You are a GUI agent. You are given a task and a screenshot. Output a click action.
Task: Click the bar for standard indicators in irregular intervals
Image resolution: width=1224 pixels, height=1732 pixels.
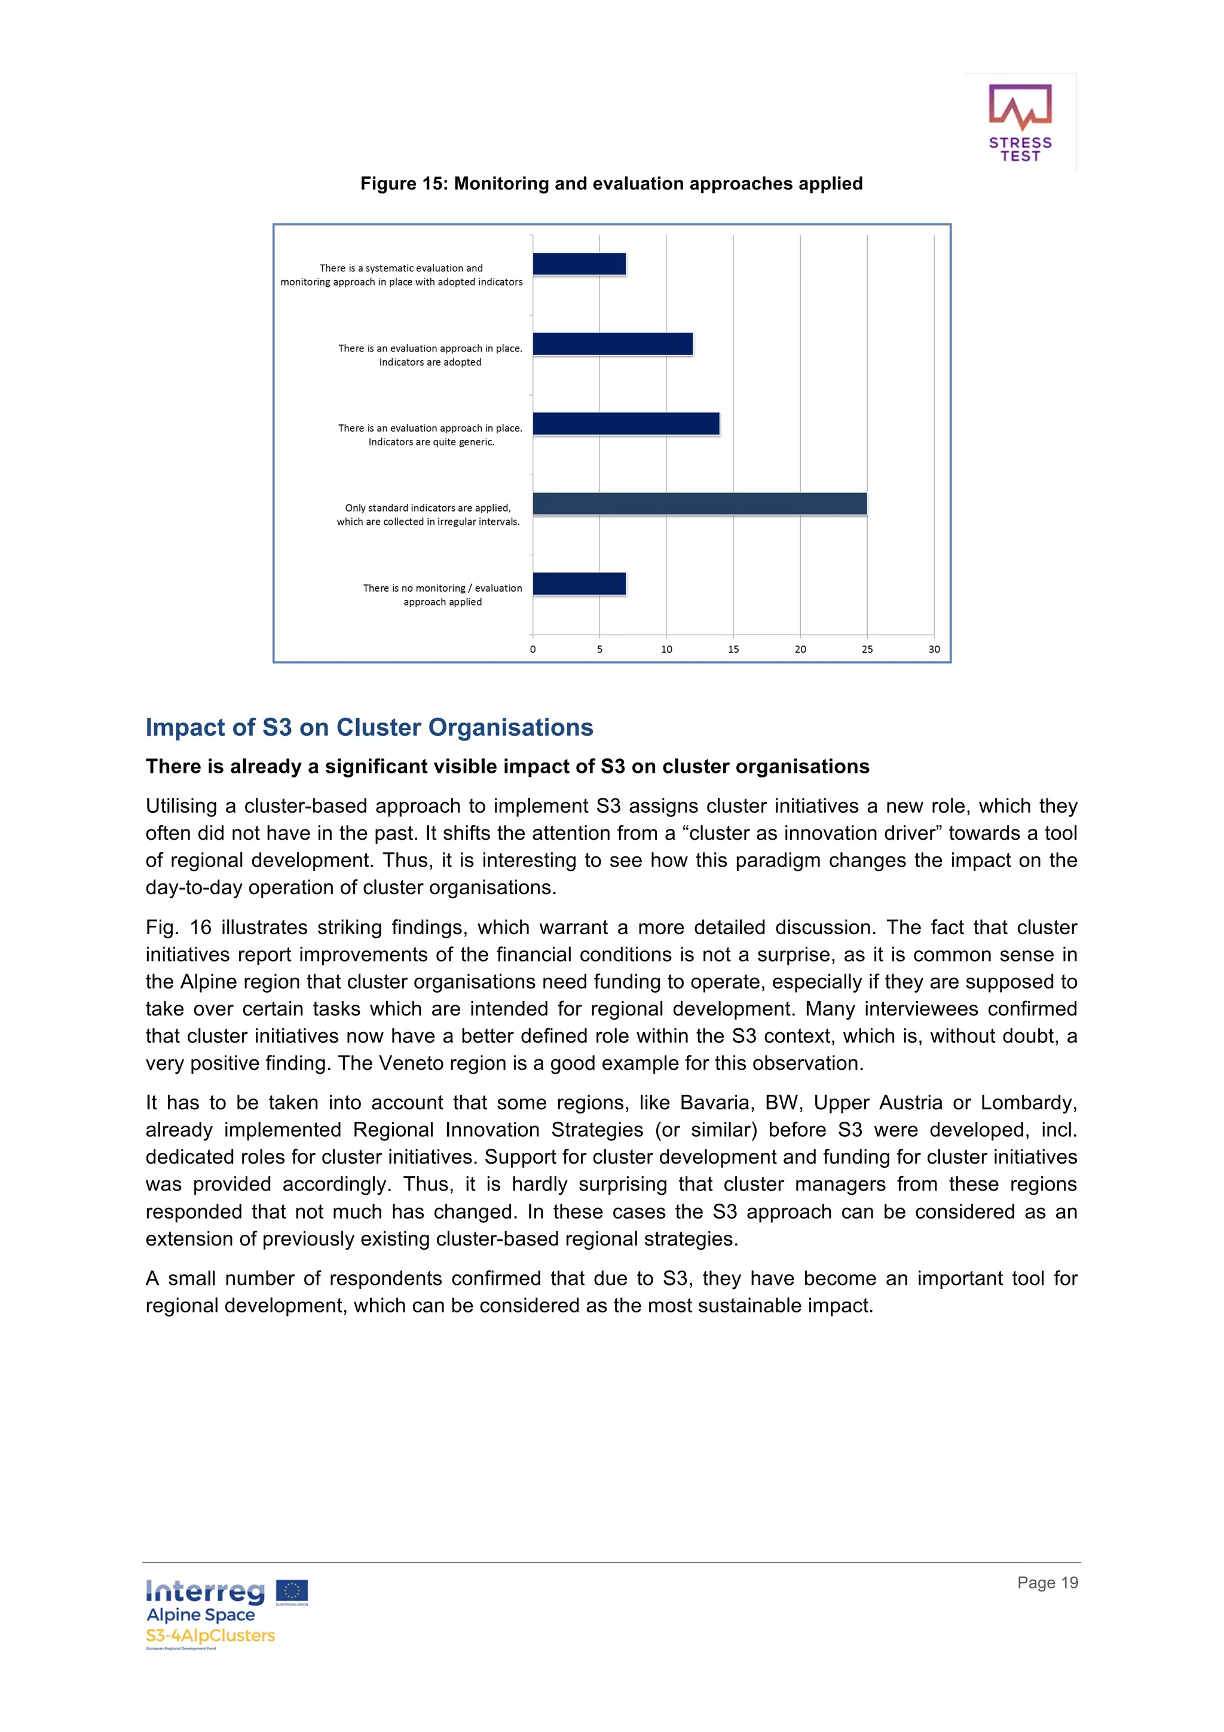click(x=699, y=503)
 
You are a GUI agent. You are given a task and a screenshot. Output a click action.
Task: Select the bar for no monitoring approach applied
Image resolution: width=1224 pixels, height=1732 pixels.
click(x=579, y=583)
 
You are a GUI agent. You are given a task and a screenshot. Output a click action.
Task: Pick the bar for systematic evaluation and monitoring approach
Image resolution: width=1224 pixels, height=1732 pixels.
click(x=579, y=264)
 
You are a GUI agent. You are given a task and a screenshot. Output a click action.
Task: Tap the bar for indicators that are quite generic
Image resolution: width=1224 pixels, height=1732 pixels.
click(x=626, y=424)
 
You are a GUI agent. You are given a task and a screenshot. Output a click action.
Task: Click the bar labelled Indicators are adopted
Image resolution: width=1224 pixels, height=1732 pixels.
click(x=613, y=344)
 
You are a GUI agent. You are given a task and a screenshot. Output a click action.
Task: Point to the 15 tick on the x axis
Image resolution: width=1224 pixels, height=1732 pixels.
click(x=733, y=648)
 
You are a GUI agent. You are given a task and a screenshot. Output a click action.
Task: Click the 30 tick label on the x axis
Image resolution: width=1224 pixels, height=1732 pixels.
click(x=934, y=648)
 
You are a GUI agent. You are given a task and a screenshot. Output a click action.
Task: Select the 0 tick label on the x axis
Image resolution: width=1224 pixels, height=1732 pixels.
click(x=533, y=648)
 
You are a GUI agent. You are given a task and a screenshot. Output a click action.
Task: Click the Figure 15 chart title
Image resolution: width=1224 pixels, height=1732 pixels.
click(x=611, y=183)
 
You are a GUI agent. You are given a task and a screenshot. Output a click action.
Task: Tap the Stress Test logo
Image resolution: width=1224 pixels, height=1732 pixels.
click(x=1020, y=123)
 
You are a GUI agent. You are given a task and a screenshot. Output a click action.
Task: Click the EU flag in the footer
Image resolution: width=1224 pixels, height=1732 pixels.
click(x=291, y=1591)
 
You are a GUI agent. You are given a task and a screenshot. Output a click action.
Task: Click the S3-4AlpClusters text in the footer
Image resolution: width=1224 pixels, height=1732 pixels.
click(x=210, y=1635)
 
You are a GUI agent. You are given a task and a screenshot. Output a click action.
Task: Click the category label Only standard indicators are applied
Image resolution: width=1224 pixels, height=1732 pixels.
click(x=427, y=507)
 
